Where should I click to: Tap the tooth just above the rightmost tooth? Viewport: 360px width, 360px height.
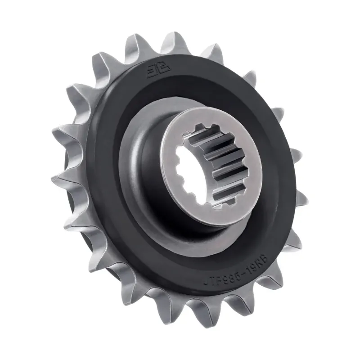pyautogui.click(x=292, y=155)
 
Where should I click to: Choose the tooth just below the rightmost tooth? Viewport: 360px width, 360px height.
pyautogui.click(x=295, y=234)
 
